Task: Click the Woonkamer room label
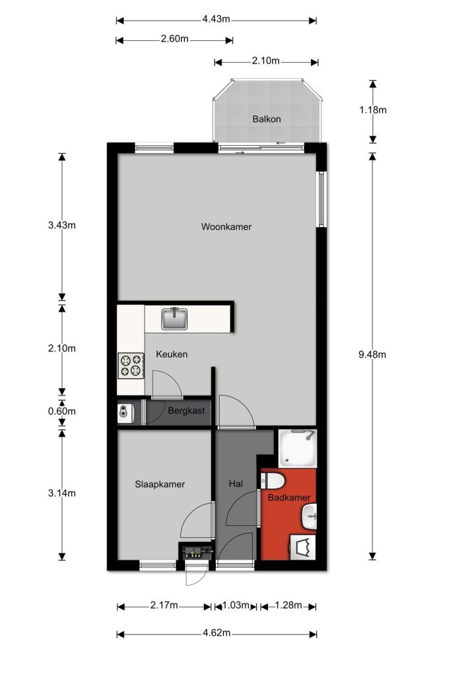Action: coord(226,227)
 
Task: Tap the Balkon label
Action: coord(267,119)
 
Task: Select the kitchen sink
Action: coord(174,319)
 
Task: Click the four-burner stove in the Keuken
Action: coord(131,366)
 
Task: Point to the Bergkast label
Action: coord(186,411)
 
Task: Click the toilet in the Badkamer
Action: coord(272,480)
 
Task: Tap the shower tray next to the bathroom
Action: coord(297,448)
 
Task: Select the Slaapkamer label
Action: coord(160,484)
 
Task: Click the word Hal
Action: coord(236,484)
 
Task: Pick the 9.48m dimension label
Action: coord(372,355)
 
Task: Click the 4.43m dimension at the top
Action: coord(216,19)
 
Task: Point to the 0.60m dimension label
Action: coord(61,411)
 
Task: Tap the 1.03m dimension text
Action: coord(236,605)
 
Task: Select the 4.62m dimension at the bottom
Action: coord(217,633)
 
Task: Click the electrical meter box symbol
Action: coord(196,552)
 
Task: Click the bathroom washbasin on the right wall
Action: coord(310,516)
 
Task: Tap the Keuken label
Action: coord(172,355)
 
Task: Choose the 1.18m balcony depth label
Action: coord(372,110)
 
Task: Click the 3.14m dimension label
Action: coord(61,493)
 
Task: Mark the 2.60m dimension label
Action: coord(175,39)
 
